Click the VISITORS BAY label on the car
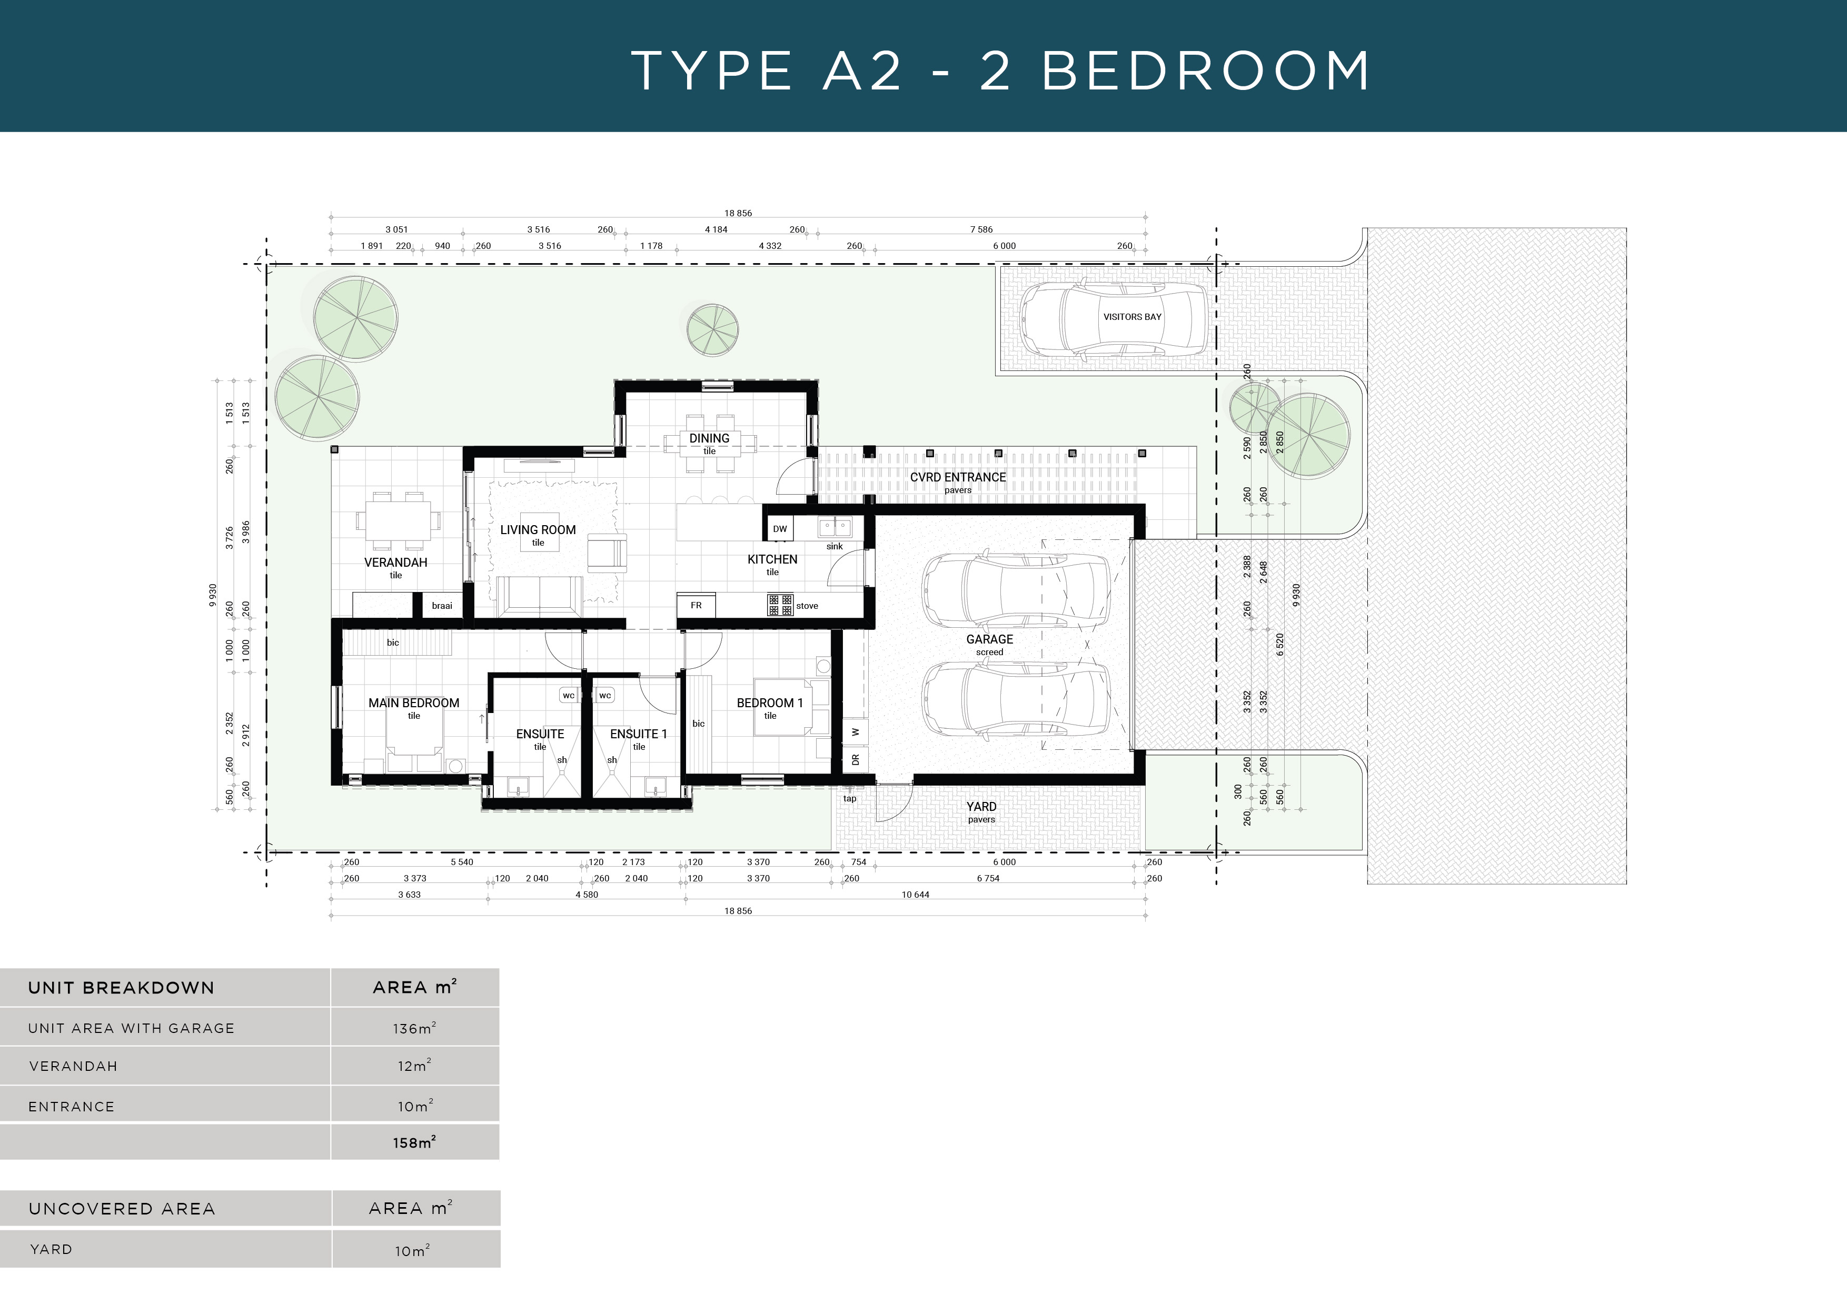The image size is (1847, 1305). (1132, 317)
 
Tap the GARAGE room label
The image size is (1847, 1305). (989, 640)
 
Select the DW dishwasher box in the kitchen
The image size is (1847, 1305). (780, 529)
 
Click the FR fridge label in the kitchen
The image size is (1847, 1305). (696, 606)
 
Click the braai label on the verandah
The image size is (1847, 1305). (442, 606)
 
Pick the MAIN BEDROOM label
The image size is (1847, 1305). (413, 704)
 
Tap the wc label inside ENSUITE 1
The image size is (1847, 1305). (605, 696)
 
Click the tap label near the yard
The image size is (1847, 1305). (849, 798)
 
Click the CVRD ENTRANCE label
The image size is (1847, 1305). (957, 478)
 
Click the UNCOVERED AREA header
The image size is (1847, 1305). (122, 1209)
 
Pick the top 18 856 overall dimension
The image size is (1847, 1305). (738, 213)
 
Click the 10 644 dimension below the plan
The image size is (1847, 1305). (916, 895)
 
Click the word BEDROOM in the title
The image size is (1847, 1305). (1205, 71)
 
